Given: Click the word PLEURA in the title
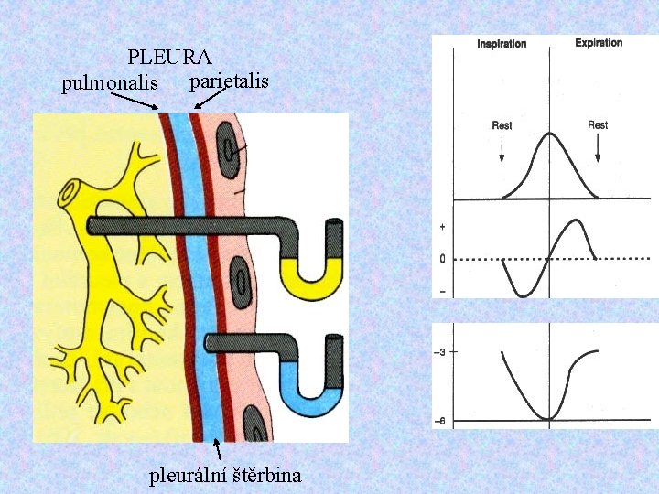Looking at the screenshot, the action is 170,59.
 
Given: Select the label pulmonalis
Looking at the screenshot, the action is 115,84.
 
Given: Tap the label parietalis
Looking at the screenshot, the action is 228,81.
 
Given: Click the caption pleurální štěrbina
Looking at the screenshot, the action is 225,476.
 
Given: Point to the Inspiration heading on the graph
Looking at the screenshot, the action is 502,44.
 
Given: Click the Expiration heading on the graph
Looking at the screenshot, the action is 599,42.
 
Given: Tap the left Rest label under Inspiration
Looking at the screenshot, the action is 502,125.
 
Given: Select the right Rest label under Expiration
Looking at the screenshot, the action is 598,125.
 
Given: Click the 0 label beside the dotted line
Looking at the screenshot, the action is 443,259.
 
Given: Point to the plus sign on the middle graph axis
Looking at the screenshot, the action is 443,226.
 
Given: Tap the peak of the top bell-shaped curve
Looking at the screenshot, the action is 549,134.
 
